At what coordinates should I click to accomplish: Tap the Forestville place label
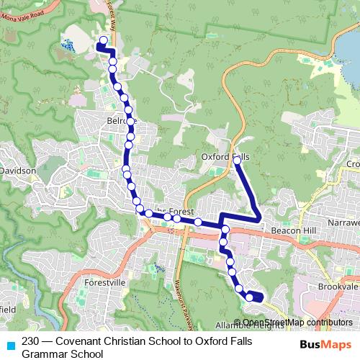pyautogui.click(x=104, y=282)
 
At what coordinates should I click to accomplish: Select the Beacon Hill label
pyautogui.click(x=294, y=230)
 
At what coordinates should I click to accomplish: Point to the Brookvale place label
pyautogui.click(x=338, y=287)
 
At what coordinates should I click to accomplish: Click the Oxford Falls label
pyautogui.click(x=225, y=156)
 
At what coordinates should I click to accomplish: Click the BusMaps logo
pyautogui.click(x=325, y=344)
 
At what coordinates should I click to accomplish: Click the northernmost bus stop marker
pyautogui.click(x=103, y=41)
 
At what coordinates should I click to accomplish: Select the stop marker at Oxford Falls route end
pyautogui.click(x=237, y=161)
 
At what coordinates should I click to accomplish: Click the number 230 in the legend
pyautogui.click(x=30, y=341)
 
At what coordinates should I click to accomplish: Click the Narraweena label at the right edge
pyautogui.click(x=344, y=224)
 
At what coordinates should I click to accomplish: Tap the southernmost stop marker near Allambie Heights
pyautogui.click(x=250, y=297)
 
